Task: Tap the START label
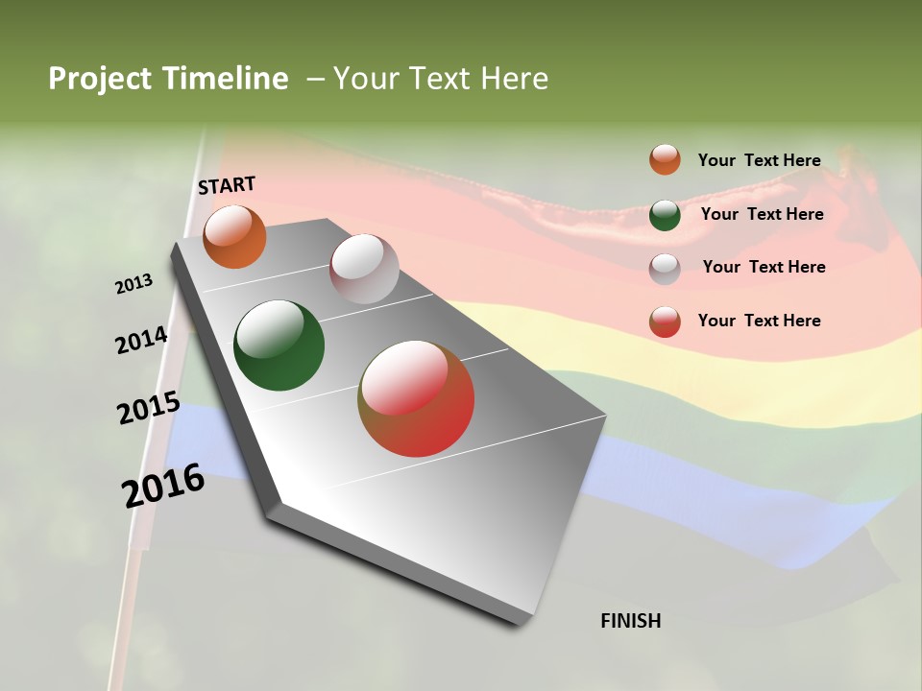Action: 227,185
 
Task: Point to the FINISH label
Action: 630,621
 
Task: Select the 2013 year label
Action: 133,284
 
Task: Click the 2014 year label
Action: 141,341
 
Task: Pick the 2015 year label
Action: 149,410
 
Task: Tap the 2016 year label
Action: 163,485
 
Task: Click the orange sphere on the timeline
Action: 234,237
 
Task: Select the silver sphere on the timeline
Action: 364,269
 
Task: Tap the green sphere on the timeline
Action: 279,345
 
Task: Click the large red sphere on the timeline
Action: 416,398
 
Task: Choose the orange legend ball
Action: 665,159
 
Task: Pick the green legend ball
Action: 665,215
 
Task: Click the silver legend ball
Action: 665,269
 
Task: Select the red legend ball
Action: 665,322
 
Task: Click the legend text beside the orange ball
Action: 759,160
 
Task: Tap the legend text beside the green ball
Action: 762,214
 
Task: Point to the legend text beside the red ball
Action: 759,321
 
